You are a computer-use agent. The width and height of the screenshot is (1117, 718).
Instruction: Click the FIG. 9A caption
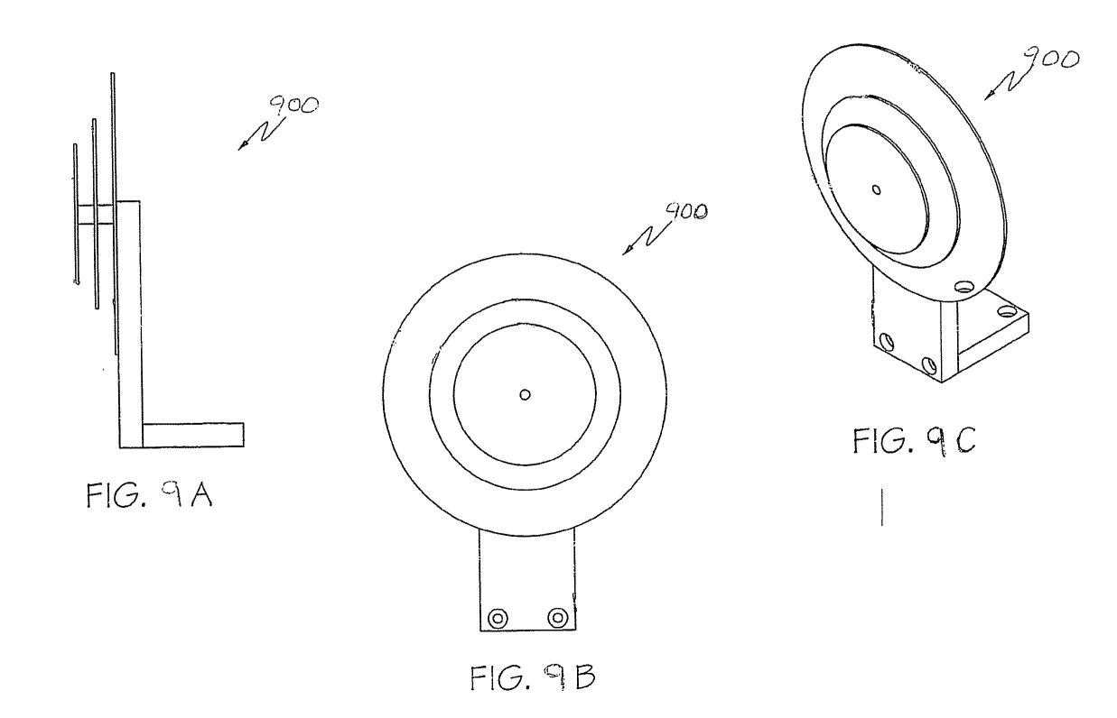150,495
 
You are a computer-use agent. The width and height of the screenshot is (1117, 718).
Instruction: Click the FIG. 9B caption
533,677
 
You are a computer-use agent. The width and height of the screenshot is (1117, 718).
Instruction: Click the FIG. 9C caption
914,441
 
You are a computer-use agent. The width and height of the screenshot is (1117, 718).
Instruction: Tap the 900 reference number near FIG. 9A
293,106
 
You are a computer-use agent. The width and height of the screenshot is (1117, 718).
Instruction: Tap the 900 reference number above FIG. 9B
686,212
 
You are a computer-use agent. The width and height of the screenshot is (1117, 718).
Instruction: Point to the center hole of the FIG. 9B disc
525,394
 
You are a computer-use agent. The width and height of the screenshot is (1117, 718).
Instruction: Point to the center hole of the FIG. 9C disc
876,189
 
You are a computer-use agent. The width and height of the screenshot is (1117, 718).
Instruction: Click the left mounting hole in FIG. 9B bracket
498,619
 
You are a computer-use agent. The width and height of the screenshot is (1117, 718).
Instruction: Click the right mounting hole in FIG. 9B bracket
557,618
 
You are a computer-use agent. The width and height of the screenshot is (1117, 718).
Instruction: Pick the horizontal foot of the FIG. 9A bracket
193,435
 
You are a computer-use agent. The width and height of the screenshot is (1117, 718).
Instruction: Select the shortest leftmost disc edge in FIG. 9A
75,215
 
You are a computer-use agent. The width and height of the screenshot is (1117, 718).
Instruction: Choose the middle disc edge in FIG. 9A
95,213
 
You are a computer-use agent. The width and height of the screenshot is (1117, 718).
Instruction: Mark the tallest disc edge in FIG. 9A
114,213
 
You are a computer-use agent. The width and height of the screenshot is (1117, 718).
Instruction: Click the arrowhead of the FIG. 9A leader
242,145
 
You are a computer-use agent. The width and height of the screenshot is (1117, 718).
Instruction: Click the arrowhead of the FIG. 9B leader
627,251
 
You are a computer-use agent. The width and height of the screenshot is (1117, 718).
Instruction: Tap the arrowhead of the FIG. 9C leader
990,96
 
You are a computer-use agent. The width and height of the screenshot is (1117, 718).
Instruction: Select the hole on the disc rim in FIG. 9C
964,287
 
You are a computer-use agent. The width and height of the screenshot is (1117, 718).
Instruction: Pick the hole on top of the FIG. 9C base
1007,312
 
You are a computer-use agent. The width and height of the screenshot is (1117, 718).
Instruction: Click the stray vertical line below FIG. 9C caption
882,507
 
